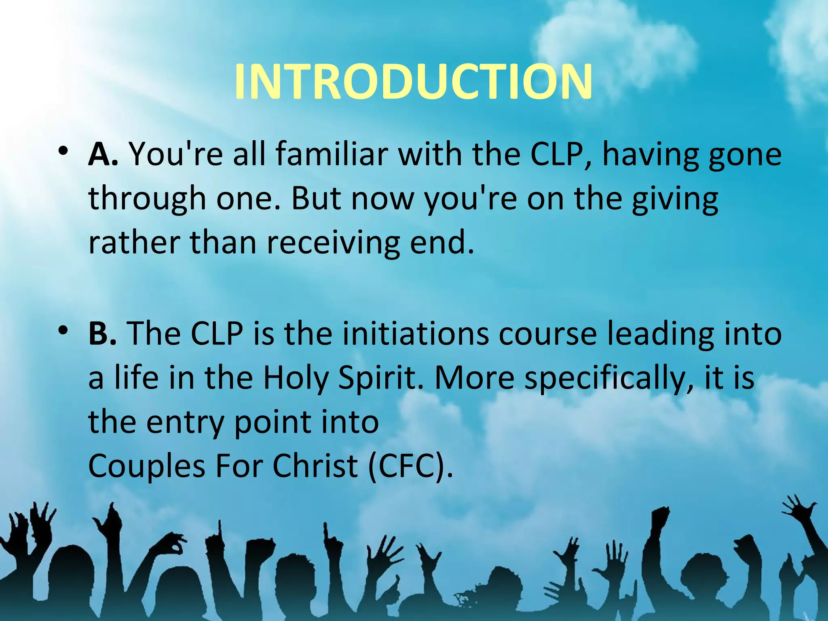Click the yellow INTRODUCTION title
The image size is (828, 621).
(413, 82)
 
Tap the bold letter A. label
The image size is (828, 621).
(103, 154)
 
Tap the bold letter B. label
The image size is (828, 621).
(102, 334)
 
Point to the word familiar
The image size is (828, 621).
(331, 154)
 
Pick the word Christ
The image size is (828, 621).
(315, 466)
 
